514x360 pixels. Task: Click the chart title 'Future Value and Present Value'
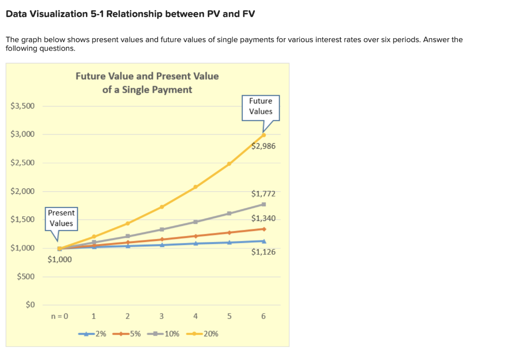point(147,76)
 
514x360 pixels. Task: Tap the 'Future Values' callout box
point(261,106)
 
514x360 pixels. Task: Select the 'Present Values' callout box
point(61,218)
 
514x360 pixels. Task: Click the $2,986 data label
point(264,146)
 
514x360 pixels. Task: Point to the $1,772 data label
point(264,194)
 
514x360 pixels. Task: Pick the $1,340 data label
point(264,218)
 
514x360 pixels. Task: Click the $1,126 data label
point(264,252)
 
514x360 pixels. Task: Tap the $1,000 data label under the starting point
point(60,260)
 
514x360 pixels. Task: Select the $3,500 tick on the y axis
point(23,106)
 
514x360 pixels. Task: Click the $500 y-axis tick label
point(26,277)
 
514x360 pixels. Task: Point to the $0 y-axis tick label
point(30,305)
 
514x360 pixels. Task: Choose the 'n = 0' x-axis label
point(60,316)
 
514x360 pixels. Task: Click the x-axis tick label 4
point(195,316)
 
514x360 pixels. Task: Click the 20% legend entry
point(205,334)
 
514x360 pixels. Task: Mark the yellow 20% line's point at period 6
point(264,135)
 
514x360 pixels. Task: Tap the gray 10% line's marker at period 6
point(264,204)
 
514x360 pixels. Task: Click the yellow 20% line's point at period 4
point(195,187)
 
